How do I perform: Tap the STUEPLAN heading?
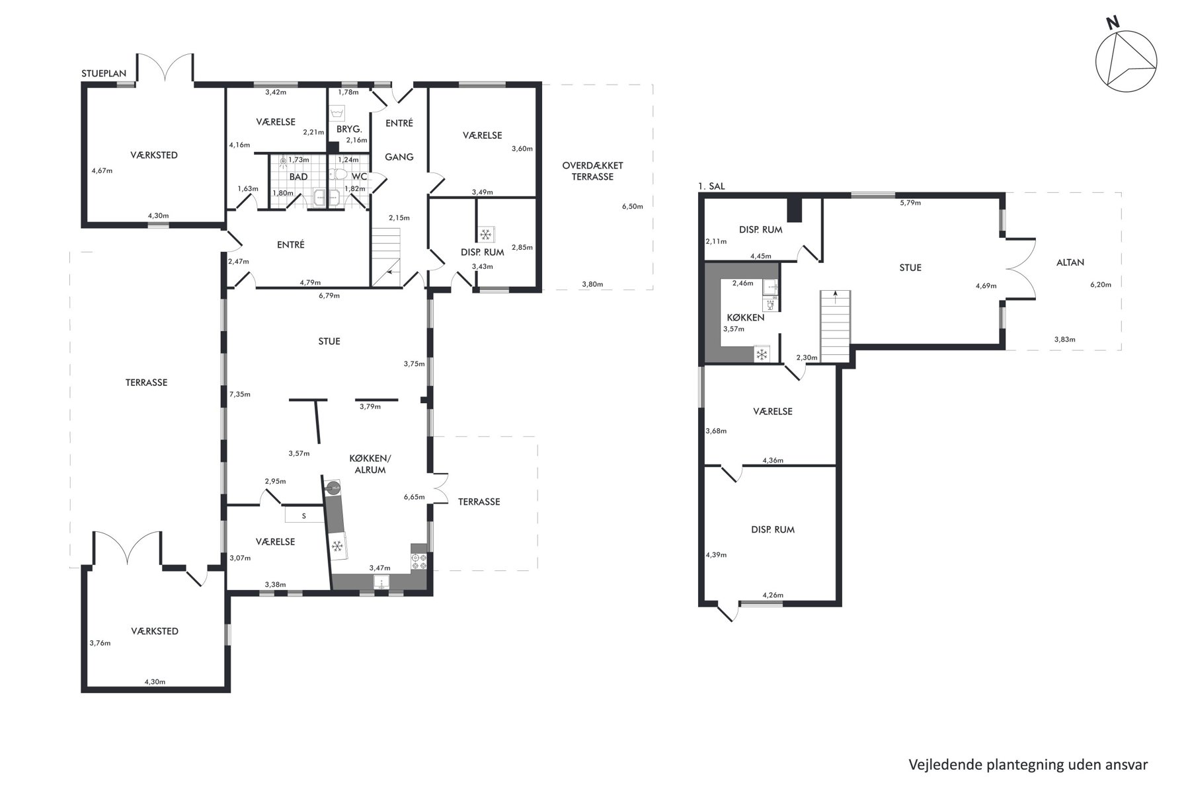[x=104, y=74]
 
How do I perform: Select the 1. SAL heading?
[x=711, y=186]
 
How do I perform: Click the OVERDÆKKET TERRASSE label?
[x=592, y=171]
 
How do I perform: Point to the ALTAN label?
[x=1070, y=262]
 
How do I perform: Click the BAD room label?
[x=298, y=177]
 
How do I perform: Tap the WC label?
[x=359, y=177]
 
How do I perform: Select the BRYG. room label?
[x=349, y=130]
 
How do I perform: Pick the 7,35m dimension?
[x=239, y=395]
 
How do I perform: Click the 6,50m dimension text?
[x=632, y=206]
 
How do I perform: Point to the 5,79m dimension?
[x=910, y=203]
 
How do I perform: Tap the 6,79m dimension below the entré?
[x=329, y=295]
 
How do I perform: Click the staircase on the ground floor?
[x=386, y=257]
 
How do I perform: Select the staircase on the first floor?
[x=834, y=326]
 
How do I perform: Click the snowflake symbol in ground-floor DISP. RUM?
[x=485, y=235]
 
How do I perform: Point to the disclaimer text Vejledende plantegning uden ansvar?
[x=1028, y=765]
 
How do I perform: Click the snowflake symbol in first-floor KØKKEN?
[x=762, y=354]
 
